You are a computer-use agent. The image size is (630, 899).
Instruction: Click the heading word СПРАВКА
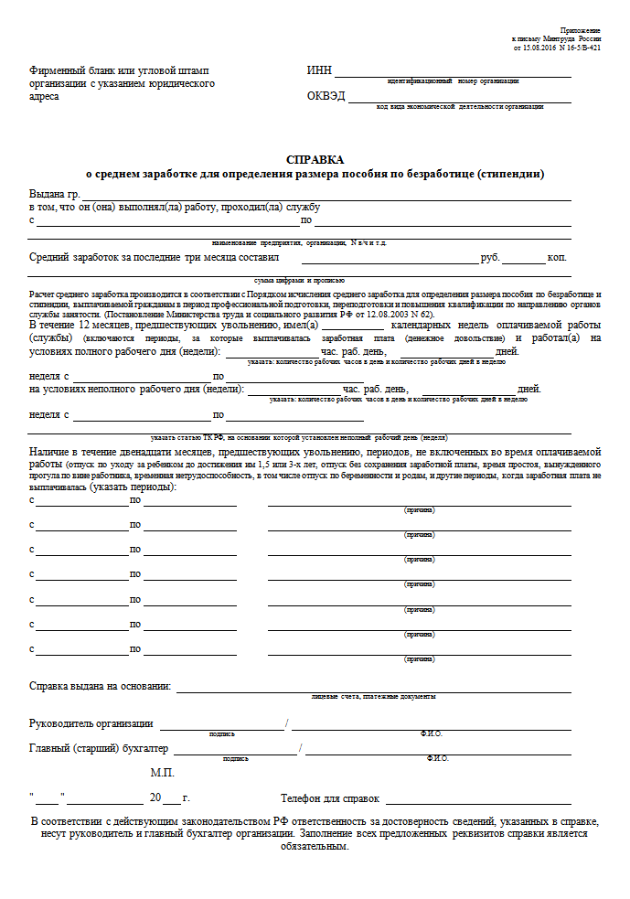[315, 159]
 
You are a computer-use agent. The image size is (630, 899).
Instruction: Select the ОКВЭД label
[326, 96]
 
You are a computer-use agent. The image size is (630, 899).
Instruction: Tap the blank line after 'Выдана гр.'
[326, 195]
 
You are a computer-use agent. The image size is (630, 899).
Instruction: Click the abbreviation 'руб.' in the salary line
[491, 259]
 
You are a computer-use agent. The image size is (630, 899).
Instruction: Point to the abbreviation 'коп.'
[558, 259]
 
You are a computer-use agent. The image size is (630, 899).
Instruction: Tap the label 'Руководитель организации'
[91, 724]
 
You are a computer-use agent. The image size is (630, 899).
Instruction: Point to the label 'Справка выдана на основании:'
[101, 686]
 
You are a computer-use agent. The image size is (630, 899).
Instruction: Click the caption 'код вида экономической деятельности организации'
[460, 107]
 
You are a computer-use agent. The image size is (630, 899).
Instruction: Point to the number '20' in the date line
[155, 798]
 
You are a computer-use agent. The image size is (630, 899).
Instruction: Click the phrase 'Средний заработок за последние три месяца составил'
[154, 259]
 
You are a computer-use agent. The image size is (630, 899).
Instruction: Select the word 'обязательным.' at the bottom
[315, 846]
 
